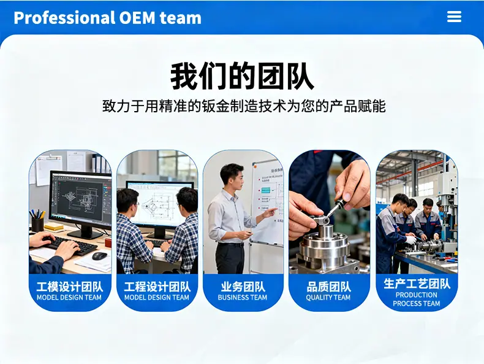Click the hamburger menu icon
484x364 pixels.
pyautogui.click(x=454, y=17)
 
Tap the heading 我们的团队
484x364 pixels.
pyautogui.click(x=242, y=76)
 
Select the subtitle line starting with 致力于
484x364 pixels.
pyautogui.click(x=244, y=106)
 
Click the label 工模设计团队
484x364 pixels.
pyautogui.click(x=69, y=287)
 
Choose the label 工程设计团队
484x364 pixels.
pyautogui.click(x=157, y=287)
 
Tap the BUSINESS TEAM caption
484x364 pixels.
pyautogui.click(x=243, y=298)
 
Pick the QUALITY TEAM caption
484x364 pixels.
pyautogui.click(x=328, y=298)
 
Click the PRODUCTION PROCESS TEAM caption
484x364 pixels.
pyautogui.click(x=417, y=299)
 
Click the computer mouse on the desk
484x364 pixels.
pyautogui.click(x=99, y=256)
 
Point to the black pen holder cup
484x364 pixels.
pyautogui.click(x=37, y=224)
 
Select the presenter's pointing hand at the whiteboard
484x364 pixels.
pyautogui.click(x=270, y=212)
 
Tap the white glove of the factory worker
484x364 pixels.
pyautogui.click(x=411, y=239)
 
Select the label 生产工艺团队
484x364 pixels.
pyautogui.click(x=417, y=284)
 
